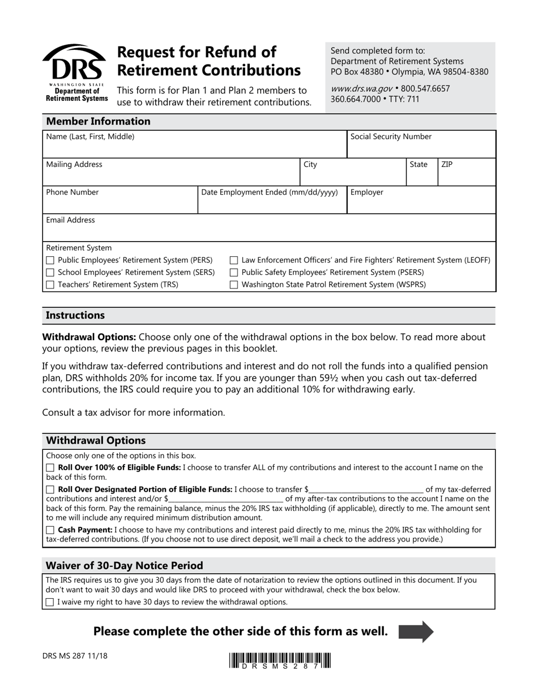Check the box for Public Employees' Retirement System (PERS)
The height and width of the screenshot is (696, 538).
coord(50,260)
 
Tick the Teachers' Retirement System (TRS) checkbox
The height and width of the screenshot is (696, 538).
coord(50,285)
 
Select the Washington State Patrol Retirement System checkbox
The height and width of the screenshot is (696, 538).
coord(233,285)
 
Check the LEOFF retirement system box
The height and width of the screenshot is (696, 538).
coord(233,260)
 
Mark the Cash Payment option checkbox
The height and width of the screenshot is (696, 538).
coord(50,530)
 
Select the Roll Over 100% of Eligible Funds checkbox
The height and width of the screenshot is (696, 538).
coord(50,468)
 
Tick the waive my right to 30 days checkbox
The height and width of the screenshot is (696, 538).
coord(50,602)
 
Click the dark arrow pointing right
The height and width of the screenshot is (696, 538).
coord(416,631)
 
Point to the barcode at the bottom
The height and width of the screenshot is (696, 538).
coord(280,660)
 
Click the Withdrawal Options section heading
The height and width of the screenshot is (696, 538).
coord(96,440)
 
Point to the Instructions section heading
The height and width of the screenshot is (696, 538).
coord(75,315)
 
